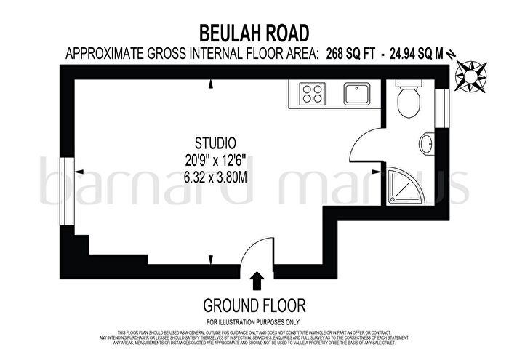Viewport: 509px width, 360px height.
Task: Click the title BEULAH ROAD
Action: coord(254,32)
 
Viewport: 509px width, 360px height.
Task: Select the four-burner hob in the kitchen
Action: coord(313,93)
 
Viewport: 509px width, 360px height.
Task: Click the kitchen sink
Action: coord(357,93)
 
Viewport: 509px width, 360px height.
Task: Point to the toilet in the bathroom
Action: coord(407,100)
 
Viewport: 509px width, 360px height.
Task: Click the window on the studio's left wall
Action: coord(66,182)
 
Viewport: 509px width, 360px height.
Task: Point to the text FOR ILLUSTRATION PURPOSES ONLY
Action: coord(254,322)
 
